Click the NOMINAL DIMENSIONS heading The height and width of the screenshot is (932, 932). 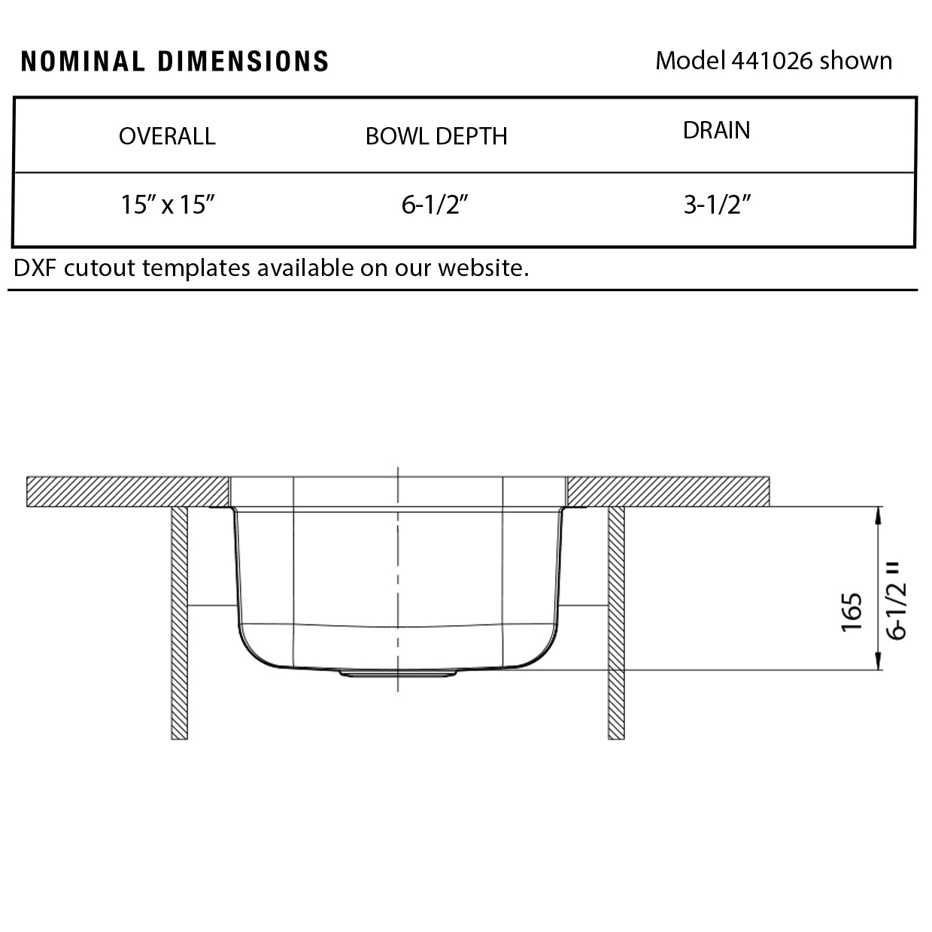(x=175, y=62)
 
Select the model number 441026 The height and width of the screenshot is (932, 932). (x=772, y=60)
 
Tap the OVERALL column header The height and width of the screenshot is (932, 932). (x=167, y=136)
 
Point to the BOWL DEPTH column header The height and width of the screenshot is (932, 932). (x=436, y=136)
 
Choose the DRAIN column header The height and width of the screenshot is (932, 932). (x=716, y=130)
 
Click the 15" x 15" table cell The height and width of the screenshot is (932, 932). (x=168, y=205)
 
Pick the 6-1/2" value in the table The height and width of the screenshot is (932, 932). (x=435, y=205)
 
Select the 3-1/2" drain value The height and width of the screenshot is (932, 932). (x=717, y=205)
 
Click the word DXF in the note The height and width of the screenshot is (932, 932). (x=35, y=268)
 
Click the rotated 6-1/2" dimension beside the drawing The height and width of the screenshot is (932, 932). (x=897, y=600)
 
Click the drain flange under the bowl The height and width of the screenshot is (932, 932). (x=398, y=674)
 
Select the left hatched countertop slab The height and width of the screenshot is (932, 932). (x=128, y=491)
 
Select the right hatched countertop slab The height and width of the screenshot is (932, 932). (x=668, y=491)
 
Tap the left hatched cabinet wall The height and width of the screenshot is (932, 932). (x=179, y=623)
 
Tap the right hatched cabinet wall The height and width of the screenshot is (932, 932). (x=616, y=623)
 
